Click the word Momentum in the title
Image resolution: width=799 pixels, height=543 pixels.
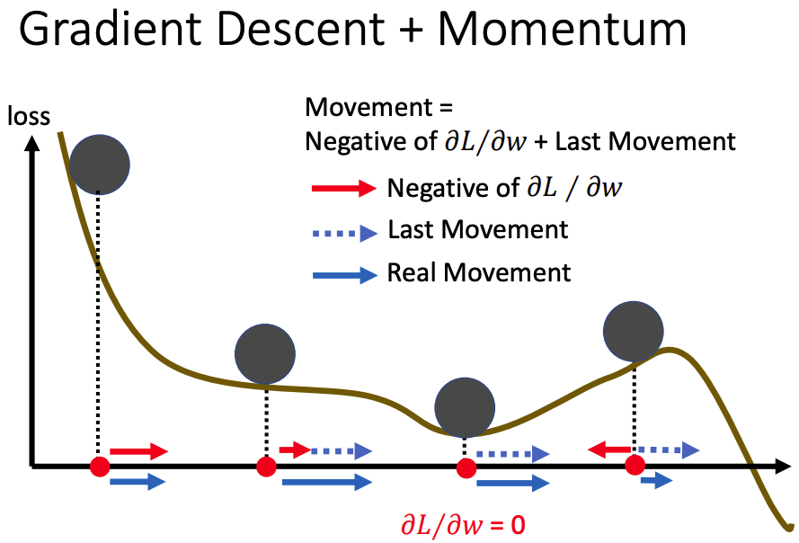[562, 29]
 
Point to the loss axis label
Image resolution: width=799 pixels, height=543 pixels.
[29, 116]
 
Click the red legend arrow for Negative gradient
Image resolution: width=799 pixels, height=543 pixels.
[344, 188]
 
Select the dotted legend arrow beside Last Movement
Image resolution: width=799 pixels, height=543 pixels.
[344, 234]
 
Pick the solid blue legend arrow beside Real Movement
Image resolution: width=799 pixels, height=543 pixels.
[344, 275]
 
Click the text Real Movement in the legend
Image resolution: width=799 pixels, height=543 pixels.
[479, 272]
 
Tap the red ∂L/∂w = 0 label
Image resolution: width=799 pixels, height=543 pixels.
[463, 525]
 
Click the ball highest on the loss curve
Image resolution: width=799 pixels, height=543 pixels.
[100, 165]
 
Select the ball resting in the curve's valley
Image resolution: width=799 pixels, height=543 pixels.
[465, 407]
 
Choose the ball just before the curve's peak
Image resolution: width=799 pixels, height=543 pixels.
[634, 332]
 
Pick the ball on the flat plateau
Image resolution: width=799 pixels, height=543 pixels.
[265, 354]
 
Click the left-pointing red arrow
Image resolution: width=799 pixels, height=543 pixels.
[610, 450]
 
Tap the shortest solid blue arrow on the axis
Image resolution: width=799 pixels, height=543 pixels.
[657, 480]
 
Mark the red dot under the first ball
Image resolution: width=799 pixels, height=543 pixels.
[100, 467]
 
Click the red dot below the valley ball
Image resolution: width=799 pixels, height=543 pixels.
[466, 468]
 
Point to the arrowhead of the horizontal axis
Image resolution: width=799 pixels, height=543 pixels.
[783, 466]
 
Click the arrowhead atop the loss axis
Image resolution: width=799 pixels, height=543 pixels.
[32, 143]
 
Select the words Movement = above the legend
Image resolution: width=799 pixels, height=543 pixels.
[378, 107]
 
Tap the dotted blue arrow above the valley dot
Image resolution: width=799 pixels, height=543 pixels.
[512, 454]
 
